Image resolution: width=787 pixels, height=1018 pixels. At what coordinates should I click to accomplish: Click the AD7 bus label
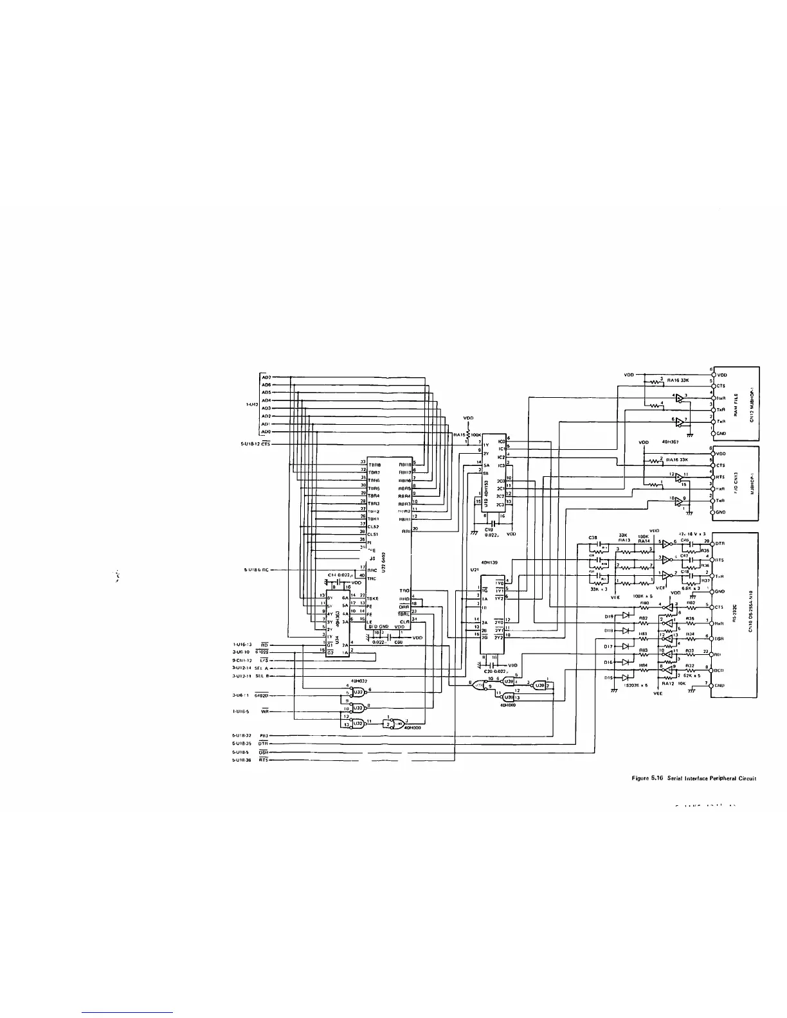click(x=266, y=377)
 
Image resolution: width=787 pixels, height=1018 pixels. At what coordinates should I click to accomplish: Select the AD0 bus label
click(x=266, y=432)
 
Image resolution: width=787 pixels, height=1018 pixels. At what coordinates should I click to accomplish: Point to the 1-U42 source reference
click(x=252, y=404)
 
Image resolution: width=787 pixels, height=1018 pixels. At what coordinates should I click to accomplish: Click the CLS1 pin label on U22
click(x=373, y=534)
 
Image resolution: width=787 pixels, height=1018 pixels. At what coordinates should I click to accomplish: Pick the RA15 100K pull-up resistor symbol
click(x=469, y=435)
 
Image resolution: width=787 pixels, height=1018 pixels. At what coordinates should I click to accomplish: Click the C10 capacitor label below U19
click(x=488, y=530)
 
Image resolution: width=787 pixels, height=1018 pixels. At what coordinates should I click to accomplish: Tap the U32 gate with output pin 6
click(x=359, y=692)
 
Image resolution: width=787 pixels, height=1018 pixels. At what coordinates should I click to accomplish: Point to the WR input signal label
click(x=264, y=711)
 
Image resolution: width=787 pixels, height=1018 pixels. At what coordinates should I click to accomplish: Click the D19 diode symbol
click(x=624, y=616)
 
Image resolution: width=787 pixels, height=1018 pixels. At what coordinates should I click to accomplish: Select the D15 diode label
click(x=608, y=677)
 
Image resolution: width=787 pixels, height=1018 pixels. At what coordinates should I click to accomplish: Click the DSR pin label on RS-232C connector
click(x=721, y=639)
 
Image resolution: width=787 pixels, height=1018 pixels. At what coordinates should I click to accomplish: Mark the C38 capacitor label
click(x=593, y=538)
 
